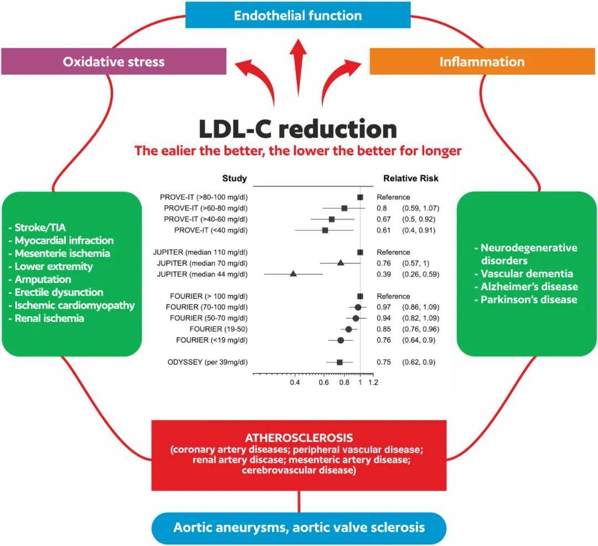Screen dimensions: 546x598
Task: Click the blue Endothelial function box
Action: point(297,15)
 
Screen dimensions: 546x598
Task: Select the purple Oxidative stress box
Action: point(114,61)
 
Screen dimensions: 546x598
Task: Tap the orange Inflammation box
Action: point(482,61)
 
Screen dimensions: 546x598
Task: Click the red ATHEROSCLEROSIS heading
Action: point(299,437)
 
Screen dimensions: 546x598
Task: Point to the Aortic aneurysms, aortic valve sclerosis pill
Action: point(299,527)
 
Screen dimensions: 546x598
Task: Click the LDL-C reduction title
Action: point(298,129)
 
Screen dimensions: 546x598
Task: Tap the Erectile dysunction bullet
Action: point(59,292)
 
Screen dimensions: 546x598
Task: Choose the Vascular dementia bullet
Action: point(527,274)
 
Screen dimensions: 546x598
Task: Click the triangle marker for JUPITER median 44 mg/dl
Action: point(293,274)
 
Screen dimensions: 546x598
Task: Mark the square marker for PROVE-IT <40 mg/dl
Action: point(325,230)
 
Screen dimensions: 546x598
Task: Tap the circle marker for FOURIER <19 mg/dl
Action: point(341,340)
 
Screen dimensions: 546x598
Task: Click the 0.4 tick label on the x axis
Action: point(295,382)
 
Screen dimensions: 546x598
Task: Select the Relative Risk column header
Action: point(411,178)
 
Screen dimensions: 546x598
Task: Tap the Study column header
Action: point(234,178)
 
